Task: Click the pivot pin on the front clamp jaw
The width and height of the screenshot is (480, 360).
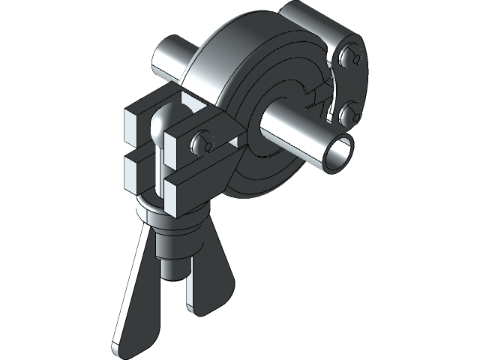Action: [200, 142]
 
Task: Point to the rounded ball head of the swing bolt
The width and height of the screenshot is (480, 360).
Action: [160, 123]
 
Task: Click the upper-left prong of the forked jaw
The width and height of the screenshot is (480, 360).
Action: [138, 120]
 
